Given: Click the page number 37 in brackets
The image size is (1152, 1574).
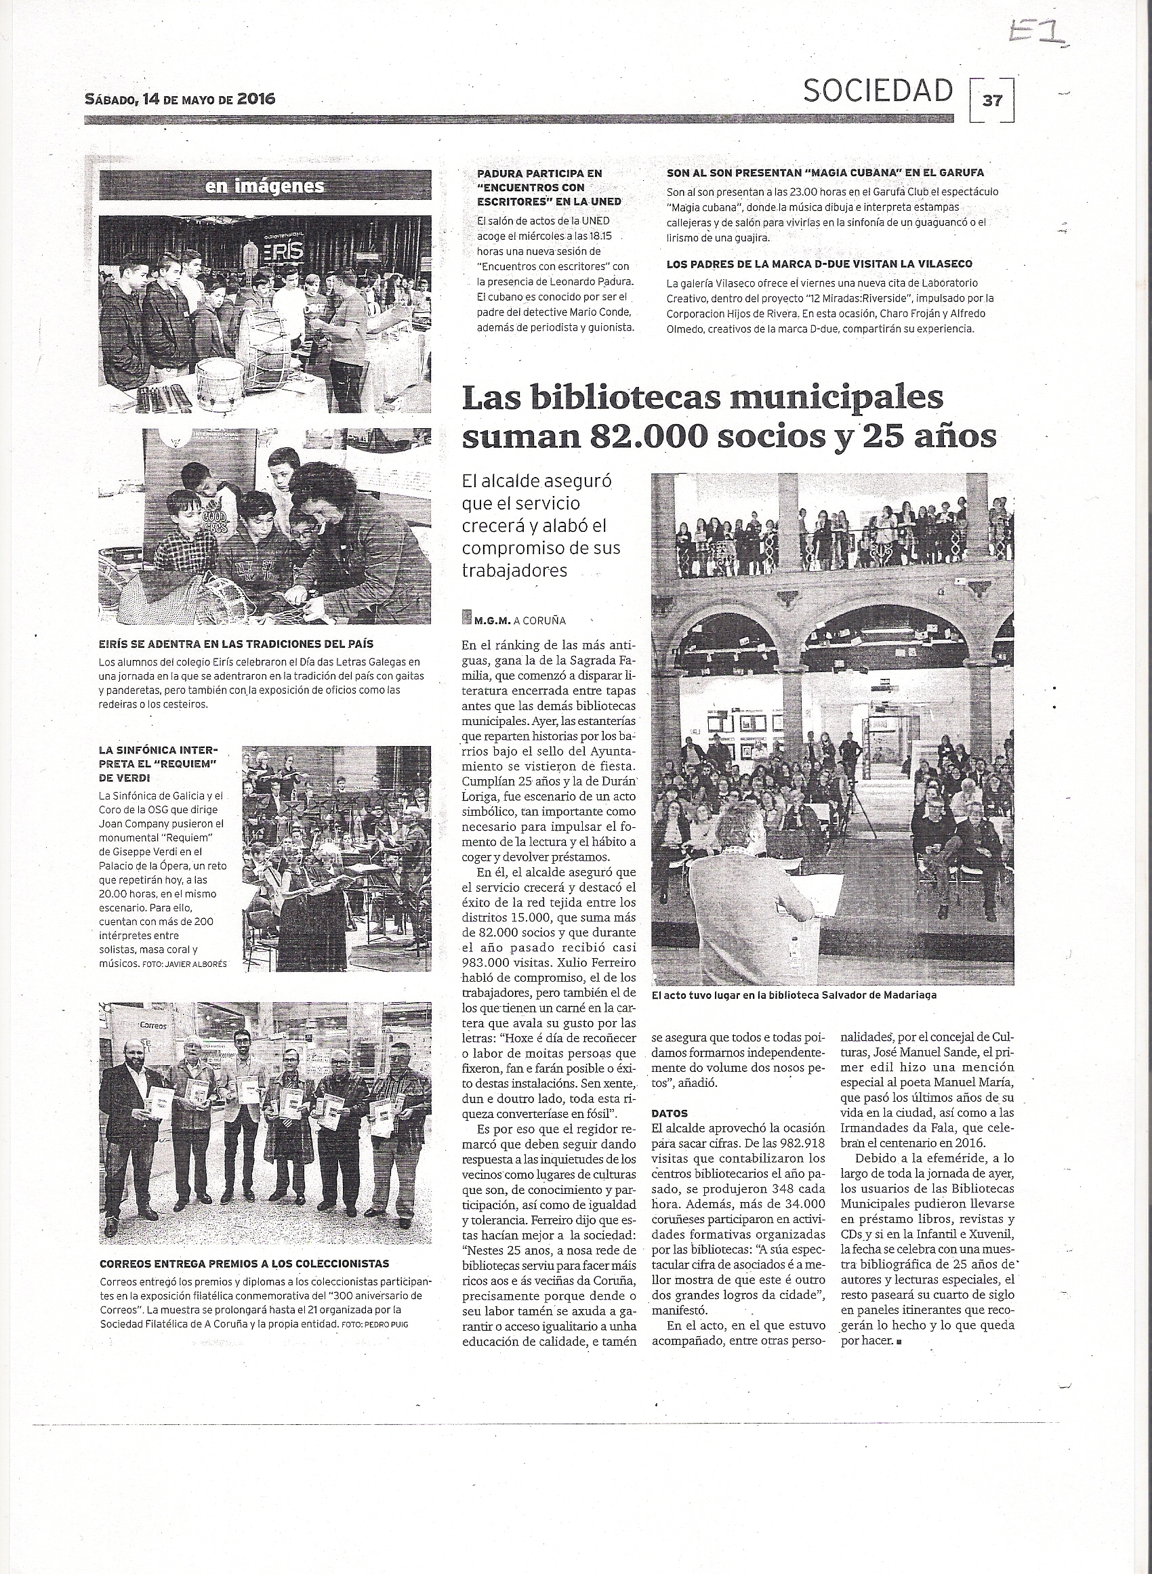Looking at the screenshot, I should (991, 100).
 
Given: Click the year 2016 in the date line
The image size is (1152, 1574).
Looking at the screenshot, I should (256, 98).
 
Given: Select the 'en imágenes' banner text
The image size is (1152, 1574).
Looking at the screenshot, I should (264, 186).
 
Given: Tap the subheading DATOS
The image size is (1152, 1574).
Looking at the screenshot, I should (670, 1113).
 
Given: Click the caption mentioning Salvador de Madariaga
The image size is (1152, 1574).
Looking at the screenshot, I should (794, 995).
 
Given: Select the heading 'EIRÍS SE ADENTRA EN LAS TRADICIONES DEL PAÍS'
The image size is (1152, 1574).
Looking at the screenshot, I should (237, 644).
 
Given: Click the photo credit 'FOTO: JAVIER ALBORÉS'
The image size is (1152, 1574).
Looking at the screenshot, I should (184, 965).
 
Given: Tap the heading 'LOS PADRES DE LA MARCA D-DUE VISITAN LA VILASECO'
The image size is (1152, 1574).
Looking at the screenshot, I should (819, 264).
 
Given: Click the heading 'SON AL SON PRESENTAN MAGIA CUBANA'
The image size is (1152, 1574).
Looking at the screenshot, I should (825, 172).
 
